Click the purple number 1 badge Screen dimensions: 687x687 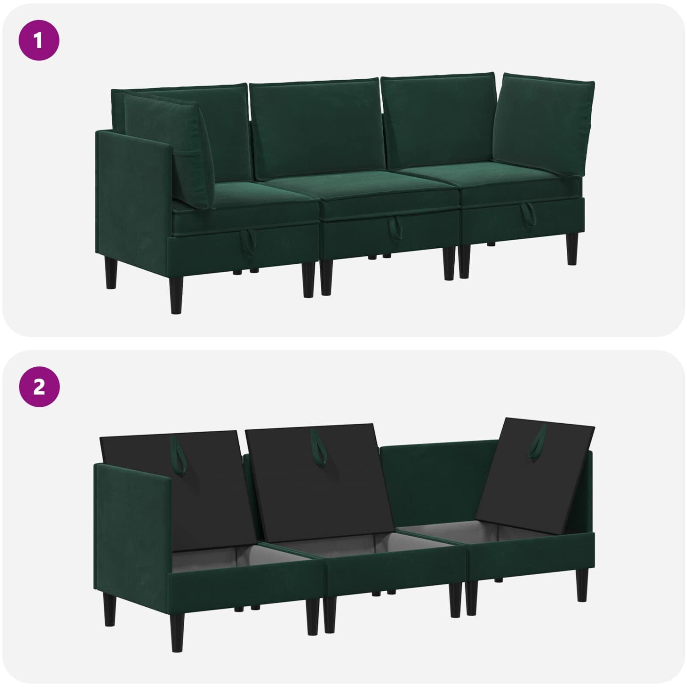39,41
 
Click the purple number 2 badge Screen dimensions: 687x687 39,387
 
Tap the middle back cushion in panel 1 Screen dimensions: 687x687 317,129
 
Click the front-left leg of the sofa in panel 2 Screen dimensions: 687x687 110,603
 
